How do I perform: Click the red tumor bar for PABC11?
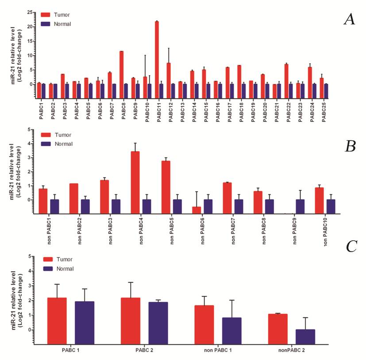(157, 53)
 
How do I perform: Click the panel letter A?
(350, 19)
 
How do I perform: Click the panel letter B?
(350, 146)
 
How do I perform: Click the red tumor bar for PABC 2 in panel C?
(131, 321)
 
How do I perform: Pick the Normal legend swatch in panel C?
(49, 269)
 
